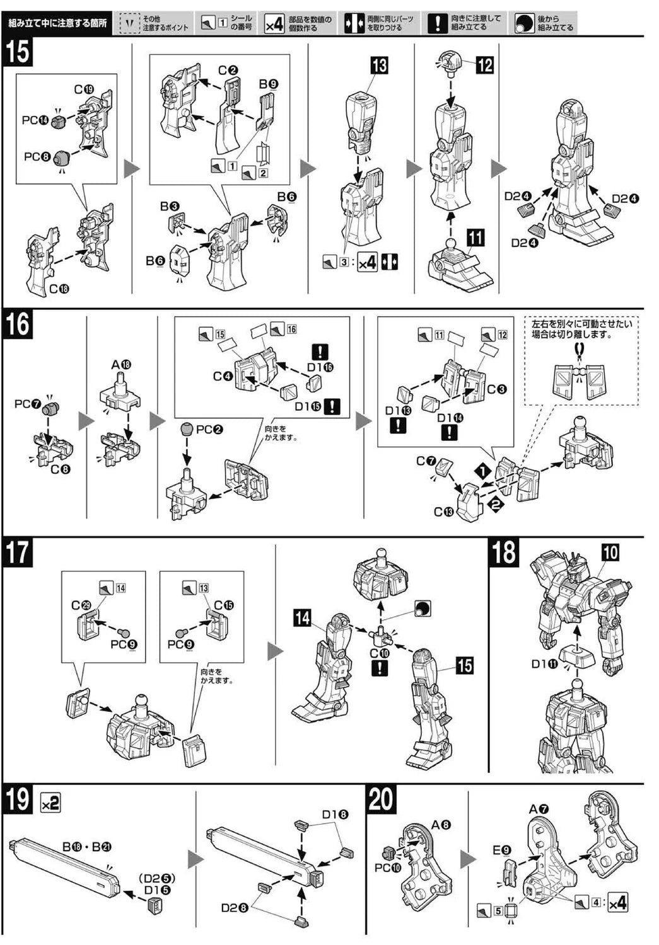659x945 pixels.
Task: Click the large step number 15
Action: (18, 52)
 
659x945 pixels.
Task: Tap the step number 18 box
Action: (504, 552)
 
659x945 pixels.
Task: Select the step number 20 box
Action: (381, 799)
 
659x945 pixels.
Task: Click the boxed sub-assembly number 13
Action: (379, 66)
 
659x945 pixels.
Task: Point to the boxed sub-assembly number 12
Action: (484, 64)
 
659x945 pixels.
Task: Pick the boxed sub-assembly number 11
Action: (475, 238)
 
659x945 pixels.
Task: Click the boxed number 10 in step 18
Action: (610, 553)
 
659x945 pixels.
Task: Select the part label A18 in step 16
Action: (120, 365)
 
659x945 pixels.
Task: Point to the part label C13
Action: (443, 512)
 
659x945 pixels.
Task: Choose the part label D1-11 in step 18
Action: (544, 663)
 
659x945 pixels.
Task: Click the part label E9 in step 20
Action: (502, 850)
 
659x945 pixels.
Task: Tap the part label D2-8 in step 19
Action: (234, 908)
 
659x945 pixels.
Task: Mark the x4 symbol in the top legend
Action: (274, 24)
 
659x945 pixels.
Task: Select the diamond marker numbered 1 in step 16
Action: (482, 471)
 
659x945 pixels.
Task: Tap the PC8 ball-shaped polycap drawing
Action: (62, 159)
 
